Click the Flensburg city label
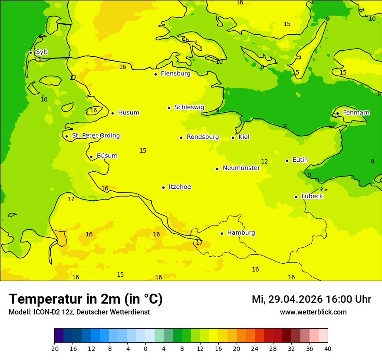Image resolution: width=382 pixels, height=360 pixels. [x=175, y=74]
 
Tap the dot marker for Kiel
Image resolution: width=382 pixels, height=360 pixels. [x=233, y=137]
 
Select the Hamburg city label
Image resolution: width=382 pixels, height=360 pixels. [x=241, y=233]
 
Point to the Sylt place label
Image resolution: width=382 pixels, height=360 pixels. [x=42, y=52]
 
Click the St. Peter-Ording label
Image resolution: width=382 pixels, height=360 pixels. [x=96, y=136]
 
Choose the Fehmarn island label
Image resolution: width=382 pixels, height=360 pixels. [x=356, y=113]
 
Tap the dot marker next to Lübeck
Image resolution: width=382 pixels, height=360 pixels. [x=296, y=197]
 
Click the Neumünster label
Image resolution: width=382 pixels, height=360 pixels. [x=241, y=168]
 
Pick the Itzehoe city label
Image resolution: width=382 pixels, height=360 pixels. [x=180, y=187]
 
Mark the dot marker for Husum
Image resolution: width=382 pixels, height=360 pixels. [x=113, y=113]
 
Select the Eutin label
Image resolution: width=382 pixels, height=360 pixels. [x=300, y=160]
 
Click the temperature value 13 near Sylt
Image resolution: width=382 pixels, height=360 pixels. [x=38, y=59]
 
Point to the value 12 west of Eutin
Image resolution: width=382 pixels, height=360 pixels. [x=264, y=162]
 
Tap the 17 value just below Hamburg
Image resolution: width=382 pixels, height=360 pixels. [x=199, y=243]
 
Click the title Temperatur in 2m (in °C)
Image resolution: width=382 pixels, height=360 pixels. [x=86, y=299]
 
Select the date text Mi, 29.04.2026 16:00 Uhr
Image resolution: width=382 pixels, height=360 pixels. [x=311, y=299]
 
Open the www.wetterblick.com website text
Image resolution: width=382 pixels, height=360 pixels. [x=313, y=312]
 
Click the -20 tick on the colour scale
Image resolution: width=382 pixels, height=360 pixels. [x=54, y=349]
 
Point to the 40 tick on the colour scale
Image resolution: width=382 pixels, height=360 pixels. [x=328, y=349]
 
